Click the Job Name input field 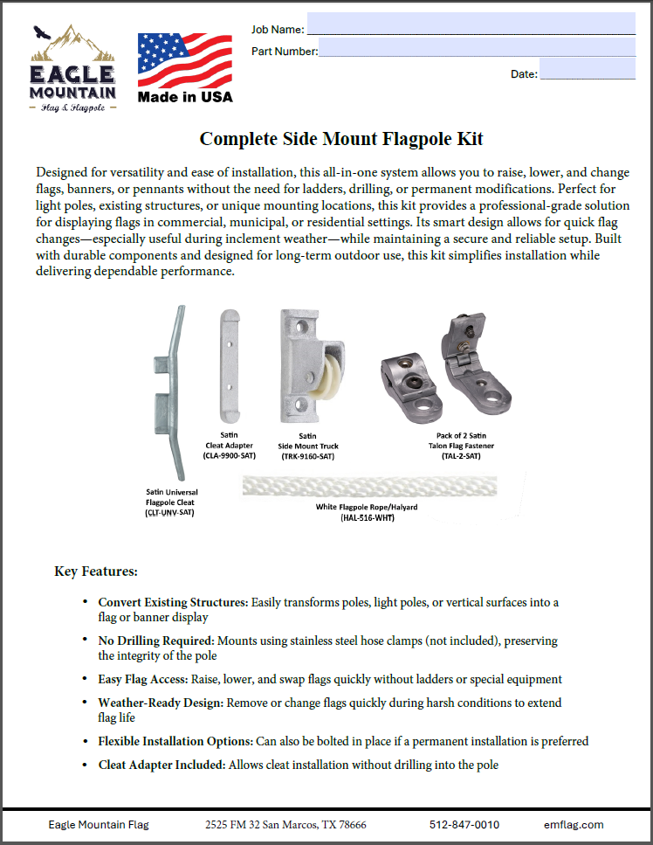471,23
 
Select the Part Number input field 477,47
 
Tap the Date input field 587,70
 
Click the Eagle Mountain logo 72,71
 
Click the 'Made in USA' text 185,97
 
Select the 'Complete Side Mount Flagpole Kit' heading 341,139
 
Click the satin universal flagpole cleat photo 169,393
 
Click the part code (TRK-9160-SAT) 307,456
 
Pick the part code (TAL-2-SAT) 460,456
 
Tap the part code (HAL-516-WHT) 368,518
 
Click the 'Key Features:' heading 95,571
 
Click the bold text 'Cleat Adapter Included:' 162,765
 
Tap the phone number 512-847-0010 464,825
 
